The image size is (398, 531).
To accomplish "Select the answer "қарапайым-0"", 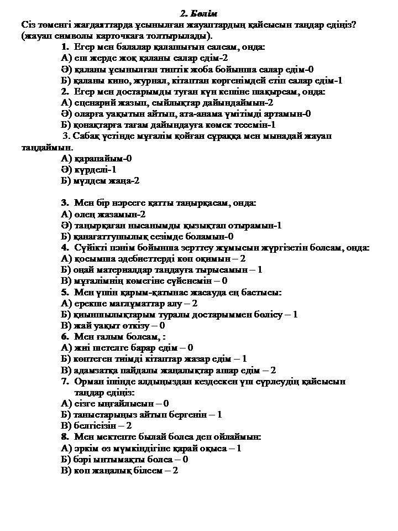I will (102, 158).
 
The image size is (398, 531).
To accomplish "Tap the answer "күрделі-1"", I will (95, 169).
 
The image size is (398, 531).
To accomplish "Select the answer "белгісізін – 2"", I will (102, 426).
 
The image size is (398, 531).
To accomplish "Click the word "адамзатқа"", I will (96, 370).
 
